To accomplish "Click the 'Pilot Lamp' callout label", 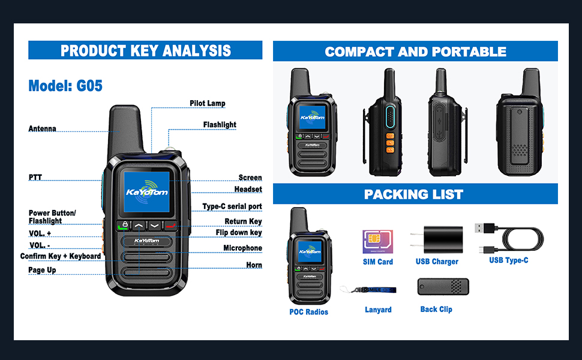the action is coord(208,103).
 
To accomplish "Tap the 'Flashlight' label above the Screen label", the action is coord(220,125).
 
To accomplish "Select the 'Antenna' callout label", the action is coord(43,129).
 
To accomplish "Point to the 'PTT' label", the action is coord(35,178).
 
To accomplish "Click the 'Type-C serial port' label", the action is coord(232,206).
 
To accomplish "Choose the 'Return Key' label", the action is coord(243,221).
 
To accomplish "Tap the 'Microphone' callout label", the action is coord(243,248).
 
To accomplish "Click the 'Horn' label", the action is coord(254,265).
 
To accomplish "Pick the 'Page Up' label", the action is coord(43,270).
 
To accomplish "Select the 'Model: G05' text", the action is coord(65,86).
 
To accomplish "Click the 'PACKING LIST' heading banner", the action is coord(415,194).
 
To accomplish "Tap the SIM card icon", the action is coord(378,242).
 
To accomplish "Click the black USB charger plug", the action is coord(437,239).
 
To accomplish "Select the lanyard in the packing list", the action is coord(368,290).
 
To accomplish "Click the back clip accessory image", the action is coord(443,287).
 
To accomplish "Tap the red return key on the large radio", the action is coord(171,225).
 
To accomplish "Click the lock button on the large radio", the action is coord(124,225).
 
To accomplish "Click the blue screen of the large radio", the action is coord(146,192).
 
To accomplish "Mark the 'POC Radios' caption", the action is coord(309,312).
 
